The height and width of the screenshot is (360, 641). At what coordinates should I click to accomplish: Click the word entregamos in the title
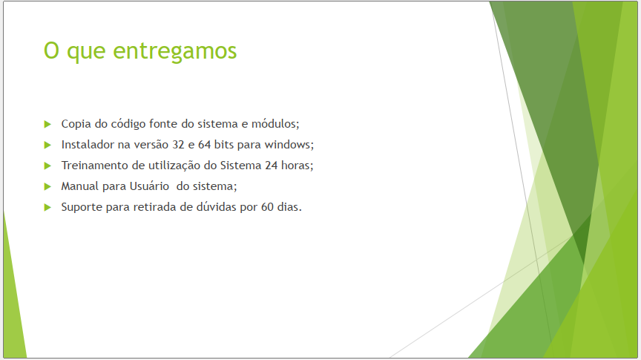[x=175, y=51]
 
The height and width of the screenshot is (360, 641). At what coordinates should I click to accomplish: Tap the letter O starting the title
[x=51, y=50]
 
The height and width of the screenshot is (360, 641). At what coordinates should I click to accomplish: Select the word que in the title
[x=86, y=53]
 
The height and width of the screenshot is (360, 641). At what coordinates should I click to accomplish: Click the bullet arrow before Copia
[x=47, y=124]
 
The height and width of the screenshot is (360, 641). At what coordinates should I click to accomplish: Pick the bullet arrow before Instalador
[x=47, y=145]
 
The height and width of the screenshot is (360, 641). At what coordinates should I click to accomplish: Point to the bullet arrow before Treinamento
[x=47, y=166]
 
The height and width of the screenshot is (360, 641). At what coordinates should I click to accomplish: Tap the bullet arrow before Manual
[x=47, y=186]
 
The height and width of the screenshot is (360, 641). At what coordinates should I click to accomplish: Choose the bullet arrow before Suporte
[x=47, y=207]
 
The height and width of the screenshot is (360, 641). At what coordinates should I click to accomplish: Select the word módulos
[x=275, y=123]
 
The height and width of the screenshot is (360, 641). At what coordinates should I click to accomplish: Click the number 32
[x=178, y=145]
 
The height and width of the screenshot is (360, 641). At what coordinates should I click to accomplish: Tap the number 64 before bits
[x=205, y=145]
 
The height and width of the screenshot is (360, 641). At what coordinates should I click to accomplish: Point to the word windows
[x=288, y=145]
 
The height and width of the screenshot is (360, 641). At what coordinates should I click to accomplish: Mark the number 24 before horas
[x=271, y=166]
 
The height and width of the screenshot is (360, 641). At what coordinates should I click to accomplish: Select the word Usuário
[x=149, y=186]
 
